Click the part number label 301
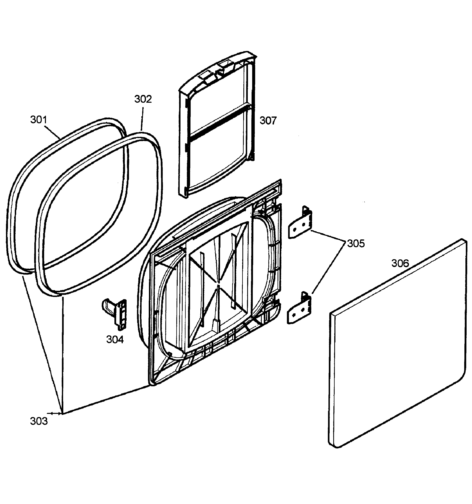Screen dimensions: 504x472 pos(39,120)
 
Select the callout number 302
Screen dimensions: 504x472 pos(143,99)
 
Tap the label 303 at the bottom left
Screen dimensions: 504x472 pos(39,421)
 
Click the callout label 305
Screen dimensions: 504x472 pos(356,243)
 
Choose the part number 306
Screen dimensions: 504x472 pos(400,263)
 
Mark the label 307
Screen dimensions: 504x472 pos(268,121)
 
